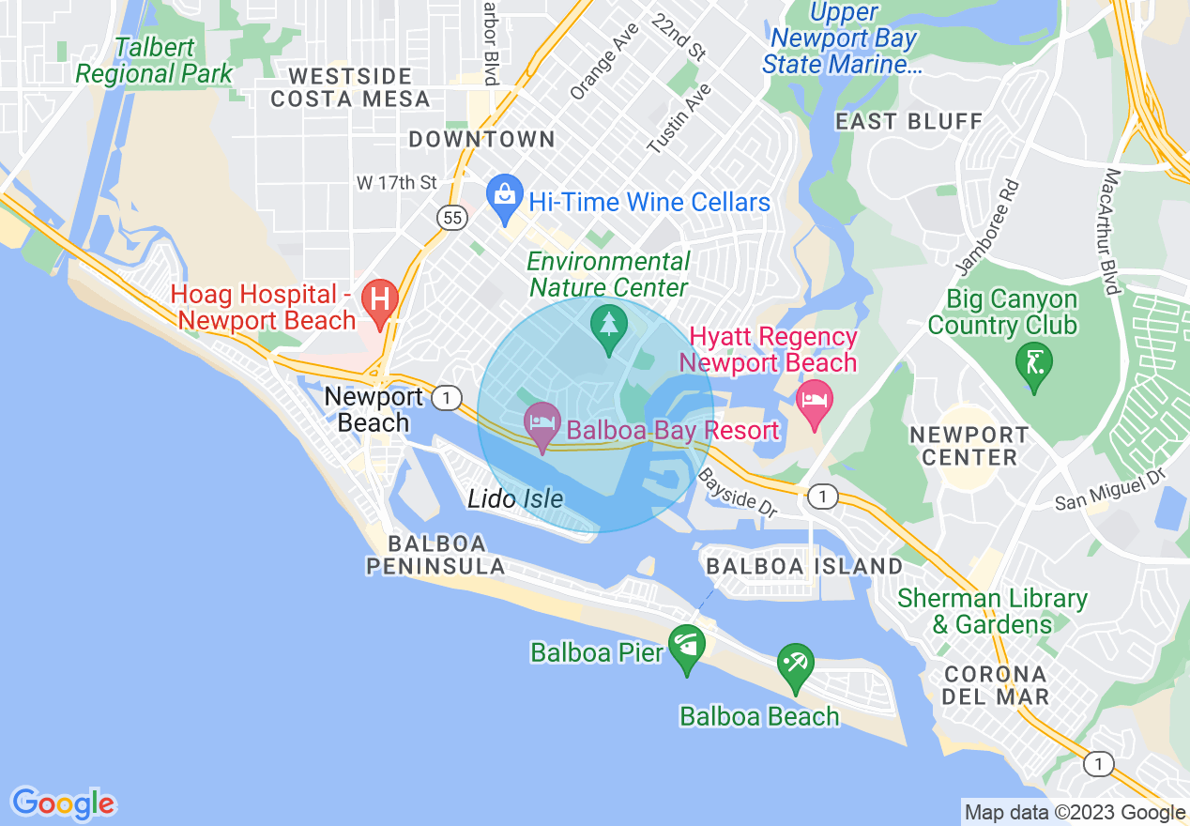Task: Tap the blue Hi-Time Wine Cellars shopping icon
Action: point(505,198)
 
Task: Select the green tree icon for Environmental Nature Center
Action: point(609,327)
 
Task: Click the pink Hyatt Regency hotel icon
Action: point(814,401)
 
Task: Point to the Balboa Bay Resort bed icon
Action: point(542,424)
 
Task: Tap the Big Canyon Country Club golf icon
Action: point(1033,362)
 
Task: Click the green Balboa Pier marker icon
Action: point(687,647)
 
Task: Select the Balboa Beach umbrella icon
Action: point(796,665)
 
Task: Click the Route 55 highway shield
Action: point(452,218)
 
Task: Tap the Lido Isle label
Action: point(515,497)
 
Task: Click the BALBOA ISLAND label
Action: point(803,566)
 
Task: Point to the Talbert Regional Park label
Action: point(154,61)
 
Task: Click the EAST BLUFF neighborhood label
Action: point(908,121)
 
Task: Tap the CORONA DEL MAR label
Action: point(982,685)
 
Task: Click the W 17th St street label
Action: point(397,182)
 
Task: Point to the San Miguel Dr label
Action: point(1108,491)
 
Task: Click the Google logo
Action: point(63,803)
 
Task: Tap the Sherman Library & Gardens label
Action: point(991,611)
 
